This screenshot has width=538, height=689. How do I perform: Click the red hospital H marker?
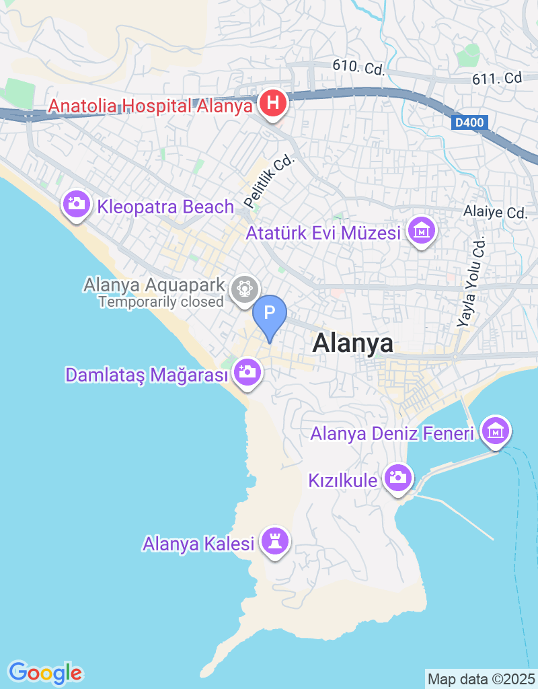tap(273, 104)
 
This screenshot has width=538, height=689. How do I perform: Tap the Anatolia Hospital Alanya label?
tap(151, 106)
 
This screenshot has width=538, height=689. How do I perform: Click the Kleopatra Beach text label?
tap(165, 207)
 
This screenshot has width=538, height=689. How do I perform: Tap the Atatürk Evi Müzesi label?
tap(323, 233)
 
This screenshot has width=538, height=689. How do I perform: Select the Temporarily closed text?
tap(161, 301)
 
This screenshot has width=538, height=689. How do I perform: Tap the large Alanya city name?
tap(353, 343)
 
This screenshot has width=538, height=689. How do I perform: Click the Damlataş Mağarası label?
tap(147, 375)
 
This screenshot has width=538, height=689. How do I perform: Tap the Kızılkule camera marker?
tap(397, 478)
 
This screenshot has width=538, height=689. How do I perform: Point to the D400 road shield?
tap(469, 123)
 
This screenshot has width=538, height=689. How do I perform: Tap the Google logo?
tap(45, 672)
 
